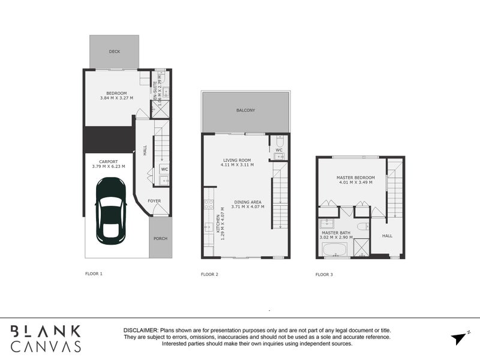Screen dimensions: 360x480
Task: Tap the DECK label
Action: point(115,52)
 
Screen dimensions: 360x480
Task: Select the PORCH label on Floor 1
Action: point(160,238)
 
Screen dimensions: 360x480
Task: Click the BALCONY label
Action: point(245,110)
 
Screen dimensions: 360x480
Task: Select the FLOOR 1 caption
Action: point(94,274)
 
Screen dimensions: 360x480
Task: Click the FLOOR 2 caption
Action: point(209,274)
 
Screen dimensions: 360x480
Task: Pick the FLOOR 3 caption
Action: point(324,274)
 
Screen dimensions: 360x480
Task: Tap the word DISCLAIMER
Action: point(140,331)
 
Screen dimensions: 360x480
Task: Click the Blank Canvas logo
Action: point(46,338)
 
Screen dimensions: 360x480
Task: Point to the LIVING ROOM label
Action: point(236,160)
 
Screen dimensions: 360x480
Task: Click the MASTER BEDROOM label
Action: point(356,178)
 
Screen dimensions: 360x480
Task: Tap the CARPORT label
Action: point(109,161)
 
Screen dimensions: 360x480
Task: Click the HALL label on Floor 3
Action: point(387,236)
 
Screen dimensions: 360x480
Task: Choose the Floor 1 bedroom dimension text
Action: point(116,98)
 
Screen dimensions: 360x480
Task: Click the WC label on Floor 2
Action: point(279,150)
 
